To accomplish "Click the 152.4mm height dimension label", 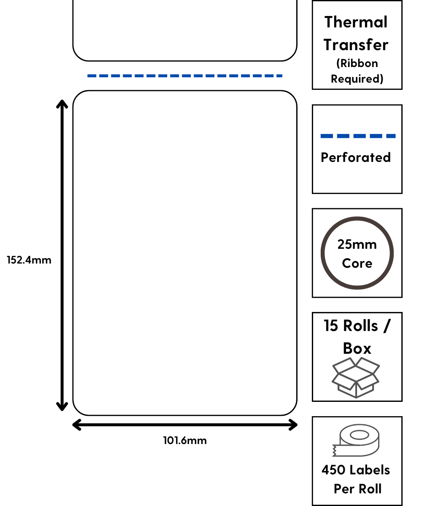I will coord(29,260).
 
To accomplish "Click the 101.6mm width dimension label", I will coord(185,441).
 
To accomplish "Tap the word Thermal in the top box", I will coord(356,22).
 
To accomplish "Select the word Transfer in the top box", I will coord(356,44).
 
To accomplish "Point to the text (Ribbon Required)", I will coord(357,71).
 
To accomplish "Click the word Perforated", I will coord(356,157).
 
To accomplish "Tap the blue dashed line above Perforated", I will coord(358,136).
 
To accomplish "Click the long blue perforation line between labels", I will coord(185,76).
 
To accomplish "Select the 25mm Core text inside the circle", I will coord(357,254).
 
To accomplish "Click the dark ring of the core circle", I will coord(323,253).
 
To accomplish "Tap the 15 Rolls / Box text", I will coord(357,326).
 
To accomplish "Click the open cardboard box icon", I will coord(356,377).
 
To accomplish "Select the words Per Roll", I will coord(357,489).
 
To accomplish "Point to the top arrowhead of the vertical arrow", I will coord(62,103).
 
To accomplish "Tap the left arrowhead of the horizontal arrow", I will coord(76,425).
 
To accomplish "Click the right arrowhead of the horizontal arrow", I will coord(293,425).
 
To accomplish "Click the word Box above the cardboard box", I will coord(357,348).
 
